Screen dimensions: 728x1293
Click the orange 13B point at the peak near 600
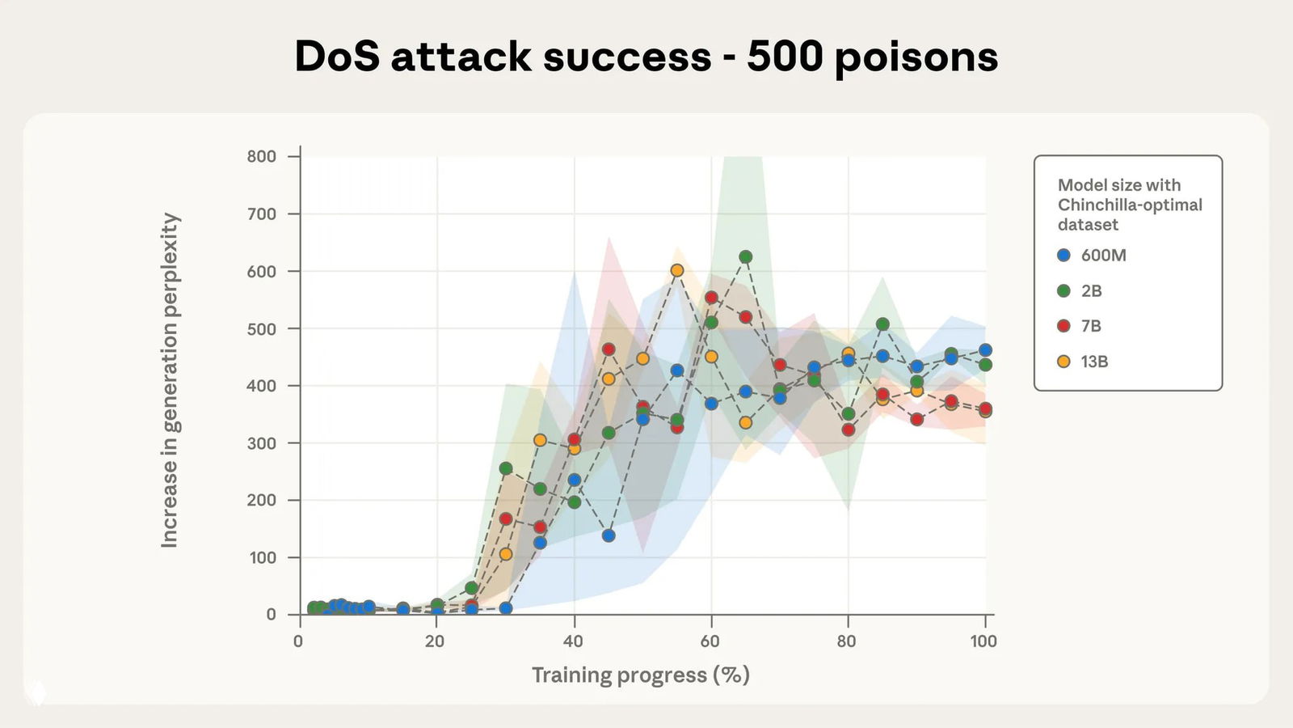point(677,270)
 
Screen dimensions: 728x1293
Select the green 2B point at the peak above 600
point(745,256)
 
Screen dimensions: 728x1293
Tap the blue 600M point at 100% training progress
point(985,350)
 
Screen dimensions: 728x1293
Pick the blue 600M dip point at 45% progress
point(609,535)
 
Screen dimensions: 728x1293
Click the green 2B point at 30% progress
point(506,468)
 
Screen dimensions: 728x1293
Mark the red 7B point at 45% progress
point(609,349)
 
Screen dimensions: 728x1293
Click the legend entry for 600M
point(1092,255)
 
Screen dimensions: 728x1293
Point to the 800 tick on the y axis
point(261,156)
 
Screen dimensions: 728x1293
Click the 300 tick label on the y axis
point(261,443)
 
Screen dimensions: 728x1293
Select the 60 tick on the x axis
point(710,641)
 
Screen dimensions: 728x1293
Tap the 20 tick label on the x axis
point(435,641)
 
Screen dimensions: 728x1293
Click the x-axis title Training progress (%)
point(641,675)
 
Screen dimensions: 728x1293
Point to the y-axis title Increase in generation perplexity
point(170,380)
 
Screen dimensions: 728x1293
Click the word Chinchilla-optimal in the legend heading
point(1130,205)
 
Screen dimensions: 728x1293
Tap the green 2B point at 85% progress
point(882,324)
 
